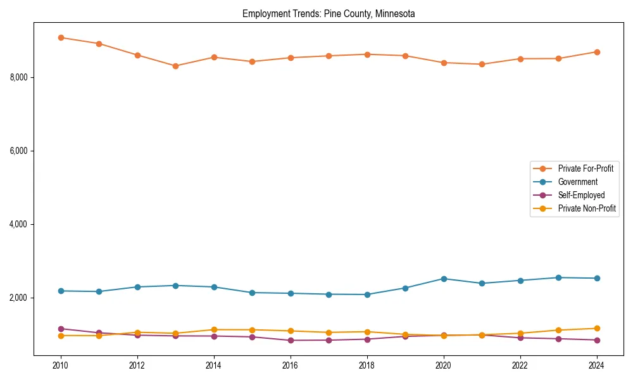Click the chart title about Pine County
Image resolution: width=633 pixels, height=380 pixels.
tap(329, 14)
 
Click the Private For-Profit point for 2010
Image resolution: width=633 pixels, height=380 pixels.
tap(61, 37)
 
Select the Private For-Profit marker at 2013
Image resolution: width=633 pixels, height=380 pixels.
tap(175, 66)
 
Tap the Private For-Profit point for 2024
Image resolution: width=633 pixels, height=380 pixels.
tap(597, 52)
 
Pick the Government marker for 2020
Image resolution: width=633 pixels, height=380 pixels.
tap(444, 279)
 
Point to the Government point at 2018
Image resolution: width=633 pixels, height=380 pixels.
tap(367, 294)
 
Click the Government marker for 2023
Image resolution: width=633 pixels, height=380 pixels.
tap(558, 277)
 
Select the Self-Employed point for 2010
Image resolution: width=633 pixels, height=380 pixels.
tap(61, 329)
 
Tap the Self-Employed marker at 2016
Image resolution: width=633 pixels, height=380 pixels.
tap(291, 340)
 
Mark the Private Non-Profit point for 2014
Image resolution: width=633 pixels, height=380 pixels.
tap(214, 329)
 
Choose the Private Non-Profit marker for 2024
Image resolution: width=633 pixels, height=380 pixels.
tap(597, 328)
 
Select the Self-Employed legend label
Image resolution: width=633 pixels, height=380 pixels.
tap(581, 195)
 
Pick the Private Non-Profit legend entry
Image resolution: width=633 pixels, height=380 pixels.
tap(587, 208)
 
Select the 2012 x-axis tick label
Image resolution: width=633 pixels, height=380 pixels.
tap(137, 365)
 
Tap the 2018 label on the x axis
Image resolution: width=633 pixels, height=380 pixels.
tap(367, 365)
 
